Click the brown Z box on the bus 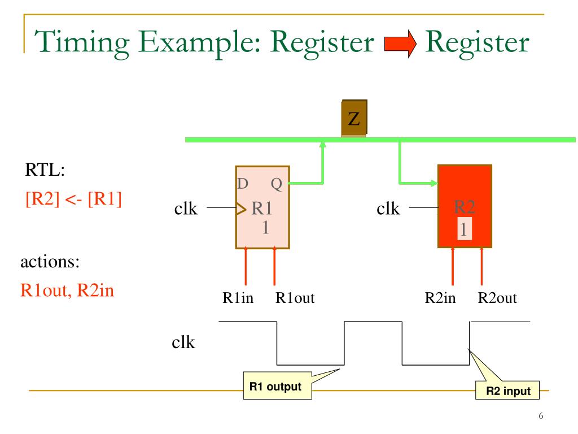354,118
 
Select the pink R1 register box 262,207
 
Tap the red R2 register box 465,206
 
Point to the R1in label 238,298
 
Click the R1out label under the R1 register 295,298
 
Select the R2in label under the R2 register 440,298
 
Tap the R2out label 497,298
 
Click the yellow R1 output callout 272,387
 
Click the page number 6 541,416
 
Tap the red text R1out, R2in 68,292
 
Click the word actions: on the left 50,262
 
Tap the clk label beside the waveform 183,342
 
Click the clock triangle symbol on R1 241,210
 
